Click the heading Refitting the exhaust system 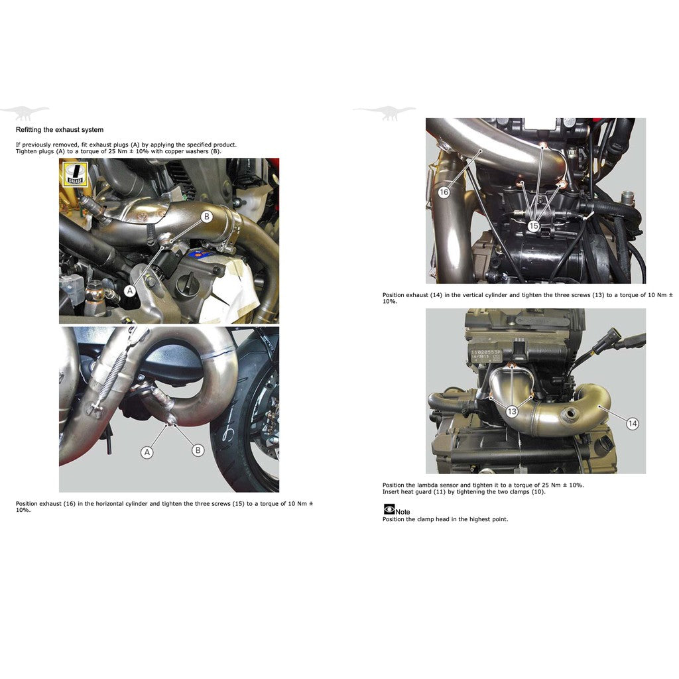click(59, 130)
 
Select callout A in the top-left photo click(130, 290)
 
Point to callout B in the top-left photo click(206, 216)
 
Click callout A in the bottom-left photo click(147, 452)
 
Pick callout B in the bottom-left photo click(198, 450)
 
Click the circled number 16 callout click(444, 192)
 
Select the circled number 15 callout click(533, 226)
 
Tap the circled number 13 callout click(512, 412)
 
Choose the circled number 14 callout click(633, 423)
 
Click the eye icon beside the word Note click(389, 510)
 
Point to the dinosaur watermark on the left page click(25, 113)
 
